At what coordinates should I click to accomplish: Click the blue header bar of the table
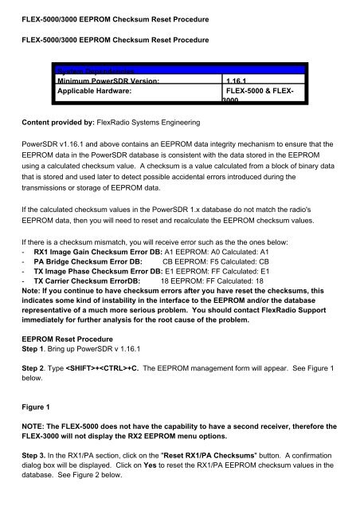[175, 70]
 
